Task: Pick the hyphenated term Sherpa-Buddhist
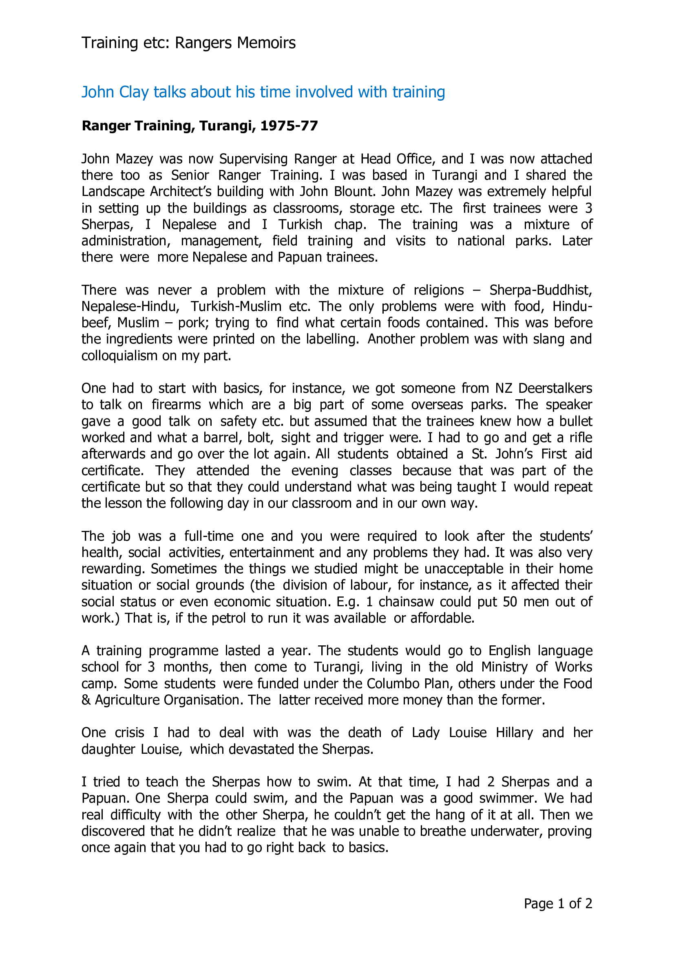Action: point(540,290)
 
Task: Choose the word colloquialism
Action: point(119,356)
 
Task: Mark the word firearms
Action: point(177,405)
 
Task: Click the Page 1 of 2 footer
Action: point(558,904)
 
